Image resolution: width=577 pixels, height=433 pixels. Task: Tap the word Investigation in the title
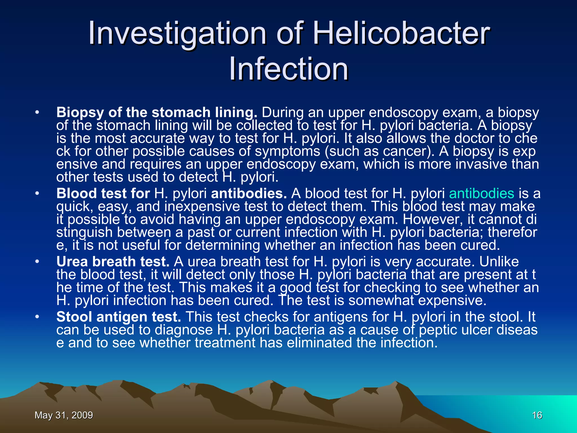tap(177, 34)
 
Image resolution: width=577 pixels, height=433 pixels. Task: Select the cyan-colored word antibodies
tap(481, 194)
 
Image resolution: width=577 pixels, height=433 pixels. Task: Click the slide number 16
tap(537, 415)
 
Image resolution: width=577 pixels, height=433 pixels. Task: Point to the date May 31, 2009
tap(64, 415)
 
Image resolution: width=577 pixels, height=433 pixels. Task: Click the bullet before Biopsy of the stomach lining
tap(37, 113)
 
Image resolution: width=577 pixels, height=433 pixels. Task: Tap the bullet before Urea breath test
tap(37, 262)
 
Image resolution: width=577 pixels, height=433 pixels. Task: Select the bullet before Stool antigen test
tap(37, 317)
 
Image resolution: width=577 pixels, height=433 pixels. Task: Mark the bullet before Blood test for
tap(37, 194)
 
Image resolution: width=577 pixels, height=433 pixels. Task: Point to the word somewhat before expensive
tap(381, 301)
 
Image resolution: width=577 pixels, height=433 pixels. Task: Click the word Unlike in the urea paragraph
tap(499, 262)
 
